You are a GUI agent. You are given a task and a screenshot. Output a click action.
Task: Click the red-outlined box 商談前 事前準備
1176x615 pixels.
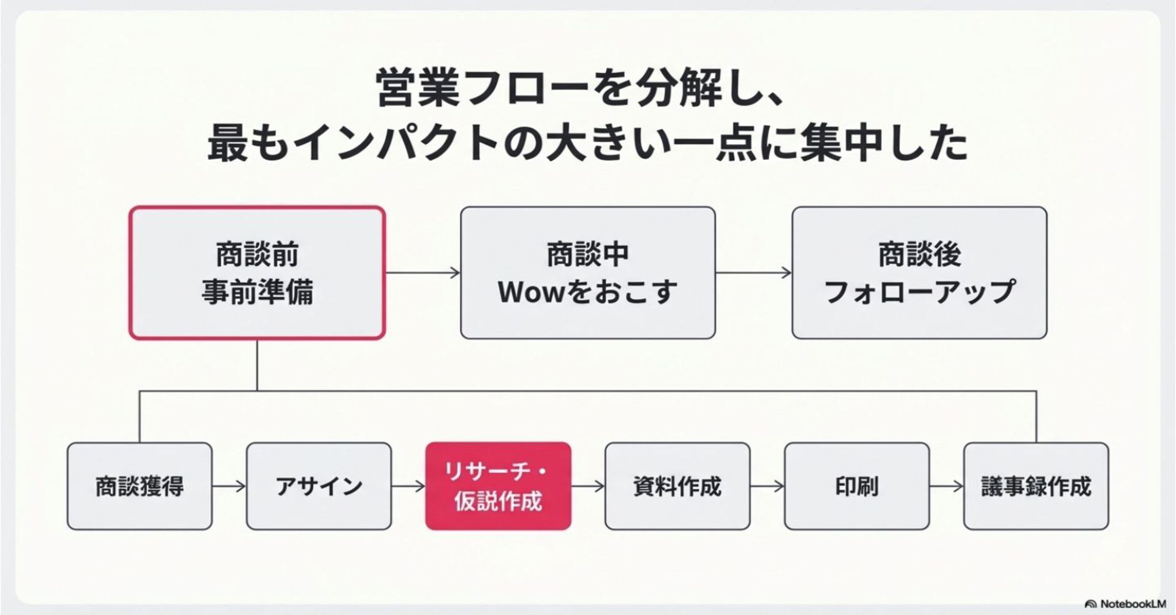point(257,273)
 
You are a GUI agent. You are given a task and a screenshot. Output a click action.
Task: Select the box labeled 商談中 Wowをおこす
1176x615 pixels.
point(588,273)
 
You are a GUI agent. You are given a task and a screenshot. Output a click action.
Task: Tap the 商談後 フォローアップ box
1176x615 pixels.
point(919,273)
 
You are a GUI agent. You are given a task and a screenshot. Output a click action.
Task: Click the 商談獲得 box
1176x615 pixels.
point(140,486)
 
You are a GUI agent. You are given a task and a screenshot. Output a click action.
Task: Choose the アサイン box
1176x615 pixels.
point(318,486)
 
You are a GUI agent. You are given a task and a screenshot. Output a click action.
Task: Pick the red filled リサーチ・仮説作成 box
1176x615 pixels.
point(498,486)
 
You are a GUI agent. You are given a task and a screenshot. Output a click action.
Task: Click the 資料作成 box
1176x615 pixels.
point(677,486)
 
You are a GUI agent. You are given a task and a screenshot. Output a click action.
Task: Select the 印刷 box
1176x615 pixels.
point(857,486)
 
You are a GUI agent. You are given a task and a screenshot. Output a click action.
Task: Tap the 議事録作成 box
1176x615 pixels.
point(1036,486)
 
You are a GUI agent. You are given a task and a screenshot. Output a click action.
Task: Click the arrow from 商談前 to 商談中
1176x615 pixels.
point(423,273)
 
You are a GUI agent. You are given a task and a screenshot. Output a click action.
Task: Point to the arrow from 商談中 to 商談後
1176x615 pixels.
point(753,273)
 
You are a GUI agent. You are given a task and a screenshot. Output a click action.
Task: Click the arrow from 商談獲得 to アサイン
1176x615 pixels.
point(229,486)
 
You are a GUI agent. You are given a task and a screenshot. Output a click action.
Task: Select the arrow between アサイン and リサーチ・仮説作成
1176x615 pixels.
point(409,486)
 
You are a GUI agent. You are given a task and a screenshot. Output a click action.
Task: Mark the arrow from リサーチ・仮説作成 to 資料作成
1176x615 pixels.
point(588,486)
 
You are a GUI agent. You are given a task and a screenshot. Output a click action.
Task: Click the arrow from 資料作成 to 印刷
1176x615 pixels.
point(767,486)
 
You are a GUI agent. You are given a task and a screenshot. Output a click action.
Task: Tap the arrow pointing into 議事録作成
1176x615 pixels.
point(947,486)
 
